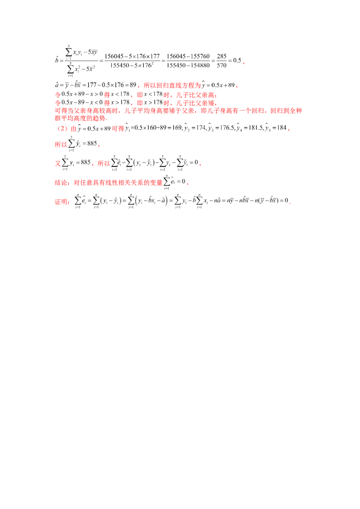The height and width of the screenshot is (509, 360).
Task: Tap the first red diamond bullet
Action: click(x=57, y=95)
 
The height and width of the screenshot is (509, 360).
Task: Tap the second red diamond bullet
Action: click(x=57, y=103)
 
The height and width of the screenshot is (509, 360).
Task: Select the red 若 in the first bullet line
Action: click(x=106, y=95)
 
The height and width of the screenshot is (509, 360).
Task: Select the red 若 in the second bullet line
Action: click(x=106, y=103)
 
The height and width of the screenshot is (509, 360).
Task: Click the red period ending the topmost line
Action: click(x=243, y=63)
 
